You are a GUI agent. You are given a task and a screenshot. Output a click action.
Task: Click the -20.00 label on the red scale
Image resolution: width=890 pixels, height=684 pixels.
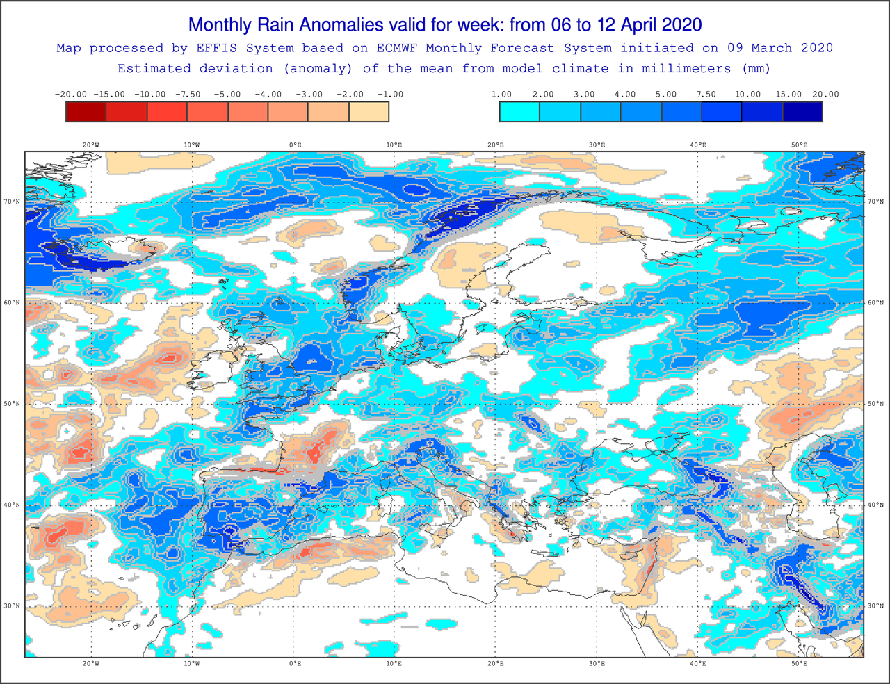tap(70, 95)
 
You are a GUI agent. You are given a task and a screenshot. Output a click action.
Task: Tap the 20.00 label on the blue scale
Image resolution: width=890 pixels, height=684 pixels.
tap(825, 95)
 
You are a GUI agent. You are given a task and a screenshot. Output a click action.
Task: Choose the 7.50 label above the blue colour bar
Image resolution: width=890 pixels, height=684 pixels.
tap(706, 95)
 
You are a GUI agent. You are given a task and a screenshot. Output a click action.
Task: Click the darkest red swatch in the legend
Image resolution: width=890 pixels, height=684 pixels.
tap(86, 112)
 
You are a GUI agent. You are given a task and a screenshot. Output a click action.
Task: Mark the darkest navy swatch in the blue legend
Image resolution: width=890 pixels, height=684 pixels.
tap(803, 112)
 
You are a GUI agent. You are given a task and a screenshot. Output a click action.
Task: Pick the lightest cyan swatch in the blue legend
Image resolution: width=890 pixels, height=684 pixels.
tap(519, 112)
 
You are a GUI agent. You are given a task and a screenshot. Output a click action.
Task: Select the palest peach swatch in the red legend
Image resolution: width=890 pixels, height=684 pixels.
tap(369, 112)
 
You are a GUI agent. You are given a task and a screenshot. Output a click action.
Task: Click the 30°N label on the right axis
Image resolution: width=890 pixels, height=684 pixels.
tap(875, 605)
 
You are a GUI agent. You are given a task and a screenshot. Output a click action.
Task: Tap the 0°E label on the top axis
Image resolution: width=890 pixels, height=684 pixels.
tap(295, 145)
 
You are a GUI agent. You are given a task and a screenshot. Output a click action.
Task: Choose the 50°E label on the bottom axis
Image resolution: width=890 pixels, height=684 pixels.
tap(799, 664)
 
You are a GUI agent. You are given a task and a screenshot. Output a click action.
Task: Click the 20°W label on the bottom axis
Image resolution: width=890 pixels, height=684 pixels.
tap(91, 664)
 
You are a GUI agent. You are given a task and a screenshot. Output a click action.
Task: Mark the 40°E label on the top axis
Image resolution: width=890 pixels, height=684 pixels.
tap(698, 145)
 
